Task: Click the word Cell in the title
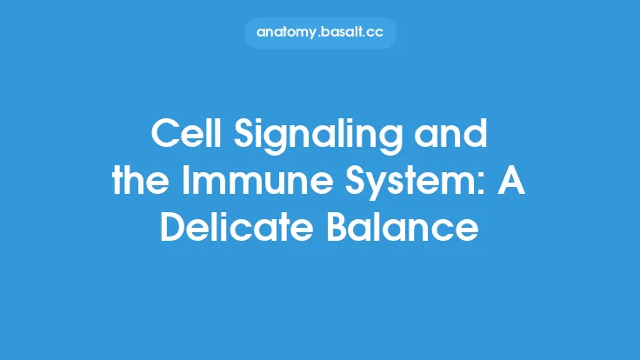179,134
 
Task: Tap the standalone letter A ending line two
514,182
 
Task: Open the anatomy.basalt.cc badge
319,33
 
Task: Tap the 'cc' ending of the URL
375,33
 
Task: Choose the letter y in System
377,187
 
